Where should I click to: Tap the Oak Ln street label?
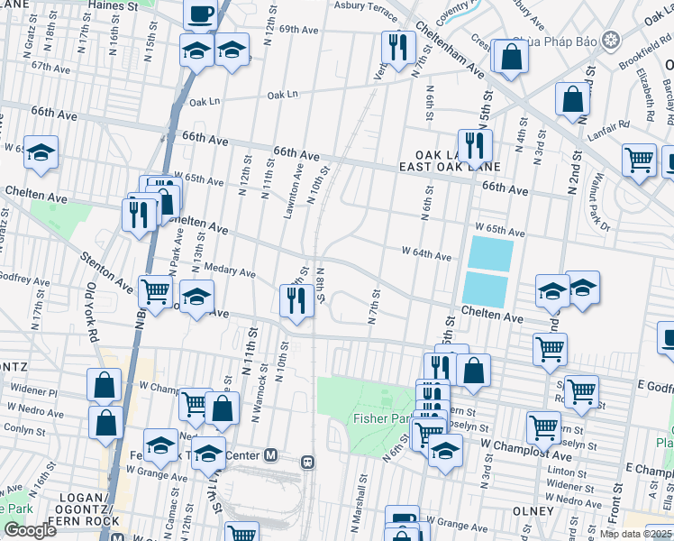tap(282, 95)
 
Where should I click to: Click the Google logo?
tap(30, 530)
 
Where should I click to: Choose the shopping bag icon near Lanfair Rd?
tap(573, 99)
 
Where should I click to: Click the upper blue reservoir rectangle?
tap(490, 252)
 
